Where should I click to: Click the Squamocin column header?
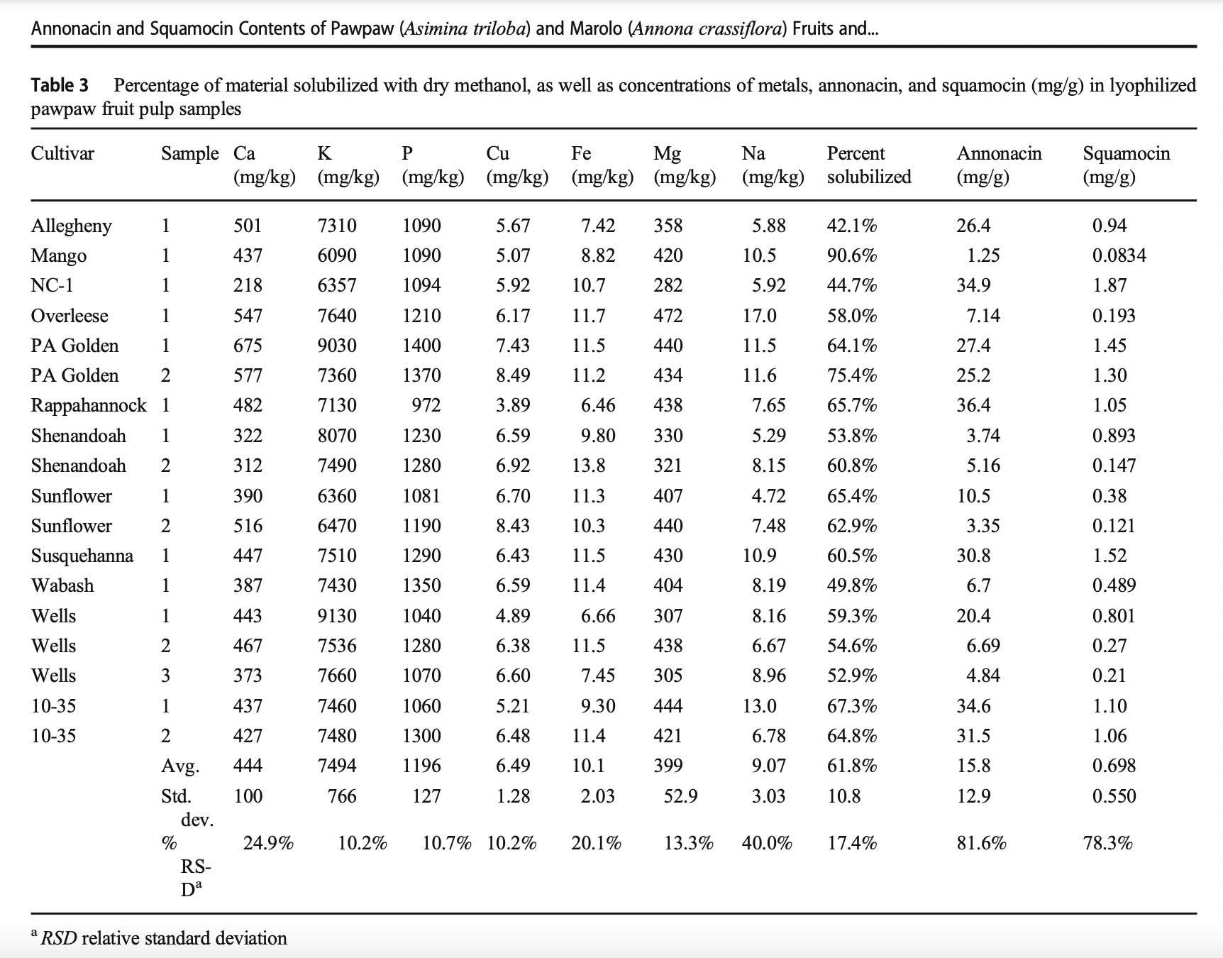pos(1127,165)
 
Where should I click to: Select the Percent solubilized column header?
pos(869,165)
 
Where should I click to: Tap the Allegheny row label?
pos(72,226)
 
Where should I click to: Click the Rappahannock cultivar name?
pos(89,406)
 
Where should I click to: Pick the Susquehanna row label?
pos(82,556)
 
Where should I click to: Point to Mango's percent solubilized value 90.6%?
pos(852,255)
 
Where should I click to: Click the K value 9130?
pos(337,616)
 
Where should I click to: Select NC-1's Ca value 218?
pos(248,285)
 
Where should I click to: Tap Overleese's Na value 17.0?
pos(760,316)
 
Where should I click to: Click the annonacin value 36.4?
pos(973,406)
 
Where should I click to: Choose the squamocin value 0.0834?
pos(1119,255)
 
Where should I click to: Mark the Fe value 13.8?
pos(589,466)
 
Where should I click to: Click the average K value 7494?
pos(337,766)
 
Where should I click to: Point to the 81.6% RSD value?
pos(981,843)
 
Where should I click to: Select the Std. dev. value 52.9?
pos(680,796)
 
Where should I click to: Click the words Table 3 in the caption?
pos(60,86)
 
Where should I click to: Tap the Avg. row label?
pos(180,766)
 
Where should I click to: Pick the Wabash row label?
pos(62,585)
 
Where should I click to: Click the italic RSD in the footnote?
pos(58,938)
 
